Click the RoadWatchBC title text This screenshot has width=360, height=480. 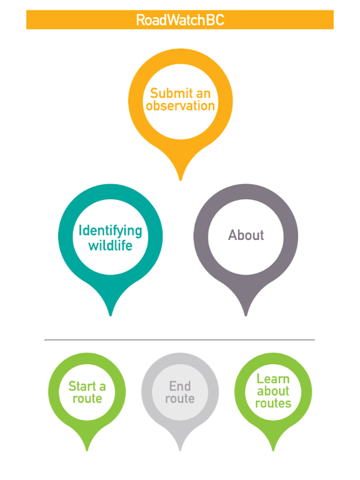(x=180, y=20)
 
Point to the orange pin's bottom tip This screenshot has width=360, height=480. (x=180, y=179)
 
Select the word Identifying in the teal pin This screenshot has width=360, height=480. (x=110, y=231)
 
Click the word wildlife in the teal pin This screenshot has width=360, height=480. (x=110, y=245)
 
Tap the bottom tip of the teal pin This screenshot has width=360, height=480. (x=110, y=314)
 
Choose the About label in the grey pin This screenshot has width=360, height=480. (x=246, y=235)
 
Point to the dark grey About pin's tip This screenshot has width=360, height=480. (x=246, y=314)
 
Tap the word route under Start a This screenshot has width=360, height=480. (x=87, y=398)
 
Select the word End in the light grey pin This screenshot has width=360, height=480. (x=180, y=386)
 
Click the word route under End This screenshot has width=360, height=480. (x=180, y=398)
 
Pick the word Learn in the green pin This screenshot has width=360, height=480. (x=273, y=379)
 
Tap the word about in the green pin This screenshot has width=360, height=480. (x=273, y=391)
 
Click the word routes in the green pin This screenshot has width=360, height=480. (x=273, y=404)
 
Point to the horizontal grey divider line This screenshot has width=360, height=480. (x=180, y=340)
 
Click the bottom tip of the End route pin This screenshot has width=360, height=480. (x=180, y=449)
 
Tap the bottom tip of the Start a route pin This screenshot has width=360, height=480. (x=87, y=449)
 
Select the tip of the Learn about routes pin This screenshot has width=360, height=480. (x=273, y=449)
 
